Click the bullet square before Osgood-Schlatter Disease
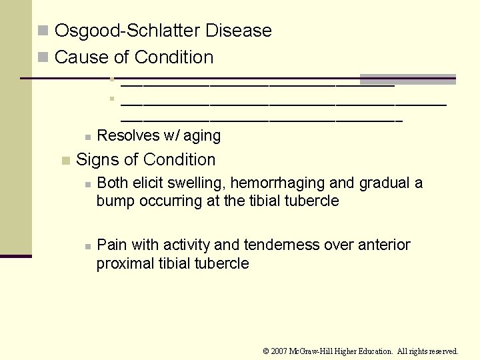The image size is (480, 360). point(43,31)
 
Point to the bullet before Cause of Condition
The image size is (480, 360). point(43,57)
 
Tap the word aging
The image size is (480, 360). point(202,136)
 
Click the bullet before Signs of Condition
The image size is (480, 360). point(65,160)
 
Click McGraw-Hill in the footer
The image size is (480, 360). point(317,351)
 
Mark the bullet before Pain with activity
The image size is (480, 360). point(87,246)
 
